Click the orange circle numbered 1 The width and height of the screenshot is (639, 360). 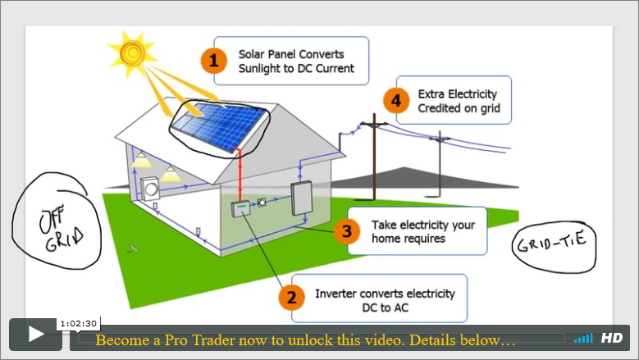[214, 61]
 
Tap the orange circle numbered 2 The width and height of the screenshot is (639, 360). [291, 298]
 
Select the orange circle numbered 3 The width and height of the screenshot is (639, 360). [347, 231]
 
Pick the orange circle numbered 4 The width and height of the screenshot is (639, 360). [396, 101]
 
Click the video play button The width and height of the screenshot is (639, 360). [36, 335]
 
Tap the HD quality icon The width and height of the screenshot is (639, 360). [612, 338]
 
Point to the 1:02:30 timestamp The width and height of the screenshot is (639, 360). [78, 324]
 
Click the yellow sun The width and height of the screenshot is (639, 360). [132, 53]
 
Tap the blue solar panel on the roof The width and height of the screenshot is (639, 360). [217, 125]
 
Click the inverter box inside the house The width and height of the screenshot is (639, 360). [240, 208]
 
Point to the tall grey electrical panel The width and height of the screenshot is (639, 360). [302, 198]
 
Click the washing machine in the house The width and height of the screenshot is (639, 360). [150, 189]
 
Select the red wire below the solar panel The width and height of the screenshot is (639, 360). [240, 175]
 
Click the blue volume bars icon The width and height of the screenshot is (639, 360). [583, 338]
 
